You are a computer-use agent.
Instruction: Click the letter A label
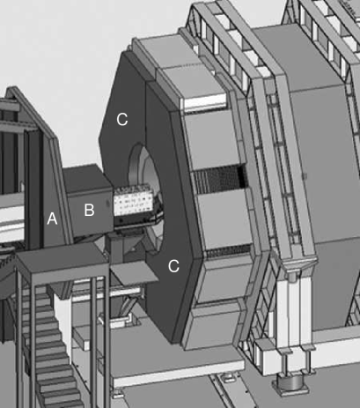tap(52, 219)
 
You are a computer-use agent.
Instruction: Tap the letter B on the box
tap(89, 210)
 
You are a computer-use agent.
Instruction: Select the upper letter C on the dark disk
tap(122, 119)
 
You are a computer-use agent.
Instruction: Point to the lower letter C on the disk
tap(173, 266)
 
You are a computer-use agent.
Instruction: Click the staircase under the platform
tap(50, 344)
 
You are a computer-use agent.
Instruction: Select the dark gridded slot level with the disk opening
tap(219, 177)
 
